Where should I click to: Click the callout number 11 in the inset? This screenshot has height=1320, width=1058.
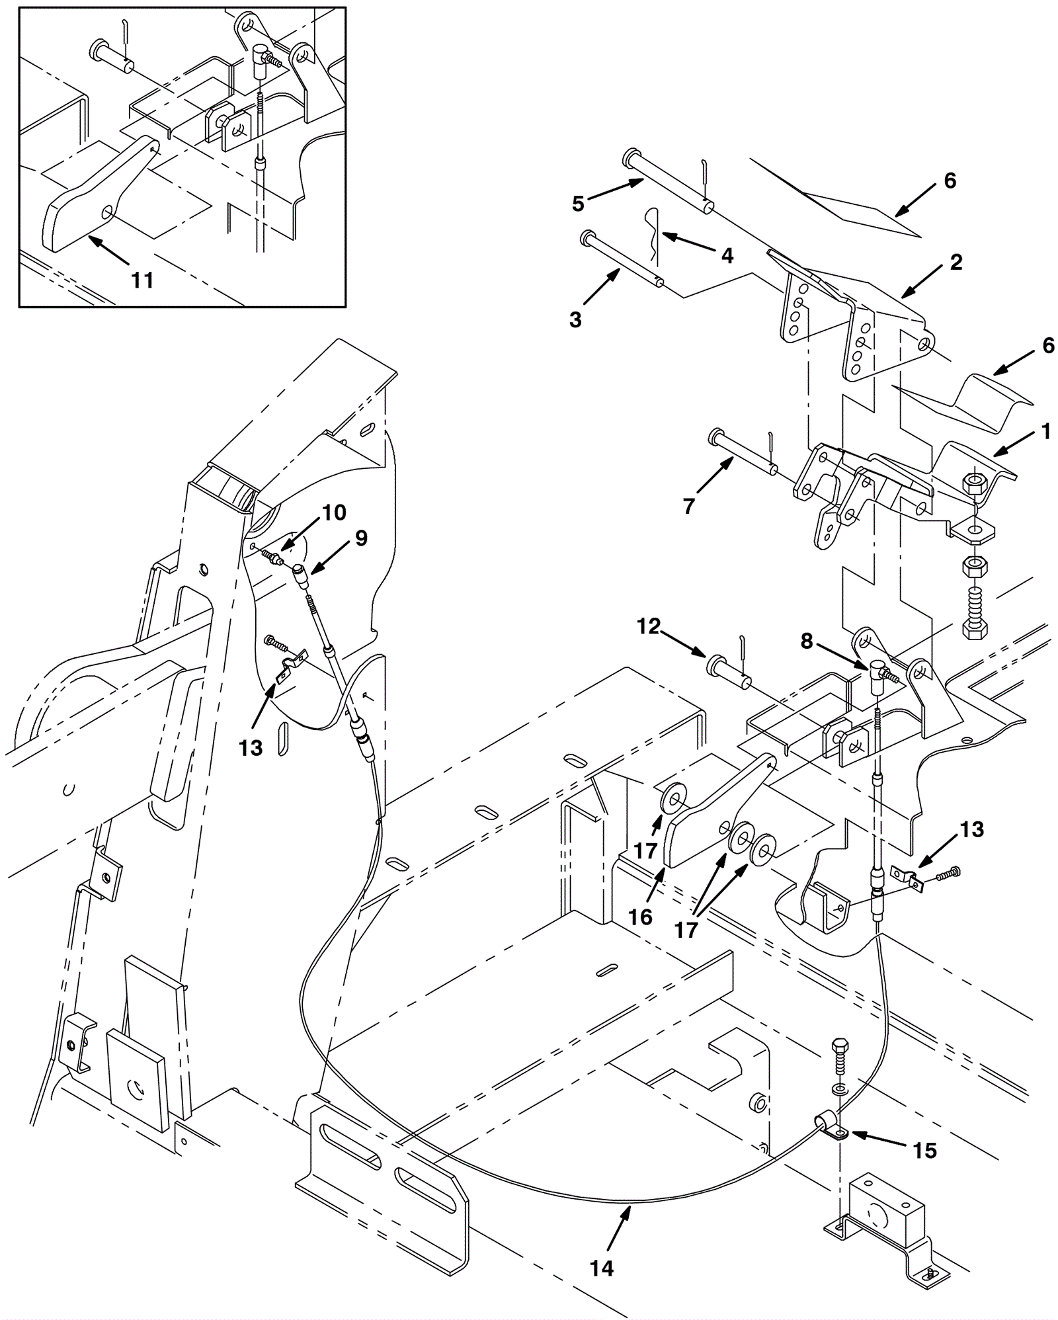click(142, 280)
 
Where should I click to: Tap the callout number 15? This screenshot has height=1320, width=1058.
click(925, 1151)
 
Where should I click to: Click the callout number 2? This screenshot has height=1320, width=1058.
click(956, 262)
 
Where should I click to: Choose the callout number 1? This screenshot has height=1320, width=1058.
click(1045, 433)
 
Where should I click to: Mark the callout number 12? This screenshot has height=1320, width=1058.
click(649, 626)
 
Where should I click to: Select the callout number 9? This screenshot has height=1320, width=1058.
click(361, 538)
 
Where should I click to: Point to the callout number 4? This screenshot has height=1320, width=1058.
click(727, 256)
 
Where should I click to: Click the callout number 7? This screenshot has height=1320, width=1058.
click(689, 507)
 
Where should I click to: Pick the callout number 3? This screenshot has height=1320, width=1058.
click(575, 320)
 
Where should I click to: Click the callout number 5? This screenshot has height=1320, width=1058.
click(579, 204)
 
